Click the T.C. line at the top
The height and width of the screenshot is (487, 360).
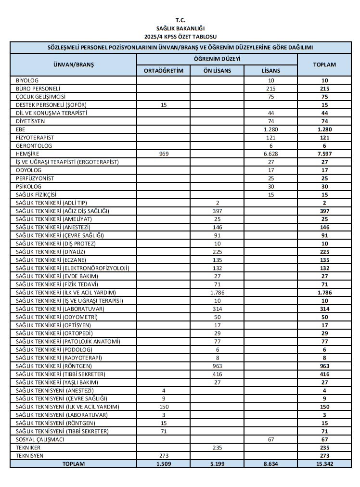pos(180,20)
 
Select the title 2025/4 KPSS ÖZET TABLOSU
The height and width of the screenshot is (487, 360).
pos(180,37)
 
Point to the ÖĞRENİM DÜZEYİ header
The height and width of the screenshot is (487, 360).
pos(217,59)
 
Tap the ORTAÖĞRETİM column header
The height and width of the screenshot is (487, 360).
pos(164,70)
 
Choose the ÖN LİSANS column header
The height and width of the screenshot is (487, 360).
pos(217,70)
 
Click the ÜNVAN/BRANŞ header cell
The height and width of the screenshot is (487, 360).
pos(74,64)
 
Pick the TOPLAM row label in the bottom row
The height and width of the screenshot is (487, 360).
pos(73,464)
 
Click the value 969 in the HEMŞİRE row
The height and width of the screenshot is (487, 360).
pos(164,154)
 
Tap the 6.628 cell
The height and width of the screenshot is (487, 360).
pos(271,154)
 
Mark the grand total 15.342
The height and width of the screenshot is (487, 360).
pos(324,464)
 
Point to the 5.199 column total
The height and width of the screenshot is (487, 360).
pos(217,464)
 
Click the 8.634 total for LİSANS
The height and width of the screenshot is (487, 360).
pos(271,464)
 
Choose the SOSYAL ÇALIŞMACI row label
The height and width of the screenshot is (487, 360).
pos(40,439)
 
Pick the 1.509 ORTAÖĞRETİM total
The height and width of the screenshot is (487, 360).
pos(164,464)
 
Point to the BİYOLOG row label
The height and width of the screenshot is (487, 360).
pos(27,80)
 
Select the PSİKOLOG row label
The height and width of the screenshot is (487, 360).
pos(29,186)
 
